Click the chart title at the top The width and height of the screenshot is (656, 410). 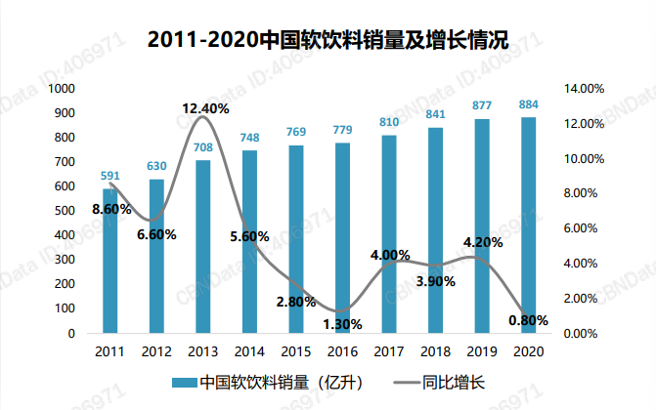click(x=328, y=41)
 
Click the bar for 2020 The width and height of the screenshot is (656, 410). click(x=528, y=225)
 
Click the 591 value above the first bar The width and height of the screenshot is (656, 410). click(x=110, y=177)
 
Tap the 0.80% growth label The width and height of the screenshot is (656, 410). click(x=528, y=319)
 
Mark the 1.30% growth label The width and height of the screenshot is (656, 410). click(x=342, y=323)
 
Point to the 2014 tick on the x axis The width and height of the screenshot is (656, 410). click(x=249, y=349)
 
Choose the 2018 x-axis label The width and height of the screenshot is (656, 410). click(x=435, y=349)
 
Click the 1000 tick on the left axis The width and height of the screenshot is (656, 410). click(x=63, y=89)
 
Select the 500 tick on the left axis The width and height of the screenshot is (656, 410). click(x=66, y=211)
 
